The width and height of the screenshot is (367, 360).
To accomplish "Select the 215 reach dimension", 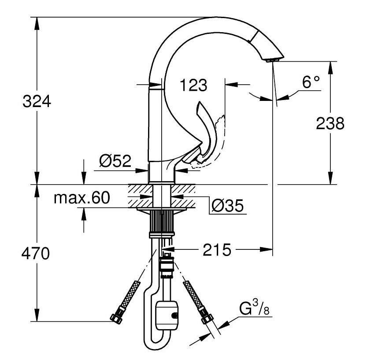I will [217, 250].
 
